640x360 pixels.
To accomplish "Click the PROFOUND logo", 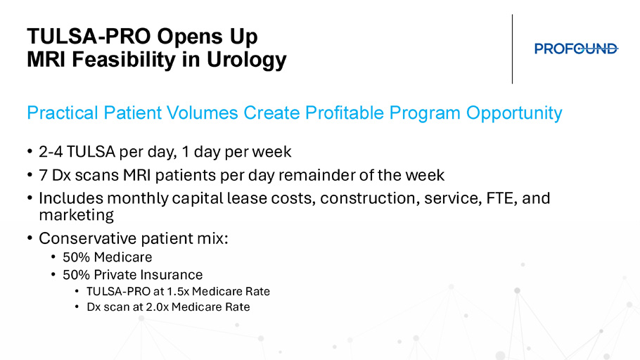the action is [x=576, y=49].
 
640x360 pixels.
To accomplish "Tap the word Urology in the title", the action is [x=247, y=60].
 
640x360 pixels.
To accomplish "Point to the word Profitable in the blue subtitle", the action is [x=344, y=112].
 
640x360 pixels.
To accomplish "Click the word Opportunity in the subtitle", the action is [x=514, y=113].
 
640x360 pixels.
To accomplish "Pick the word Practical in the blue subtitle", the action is [x=63, y=112].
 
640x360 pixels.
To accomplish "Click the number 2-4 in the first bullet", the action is [x=51, y=152].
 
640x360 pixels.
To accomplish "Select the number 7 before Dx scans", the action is [x=43, y=175].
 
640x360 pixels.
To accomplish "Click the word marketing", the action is [x=77, y=215].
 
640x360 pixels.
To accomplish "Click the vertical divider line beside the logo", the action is [x=512, y=49].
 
